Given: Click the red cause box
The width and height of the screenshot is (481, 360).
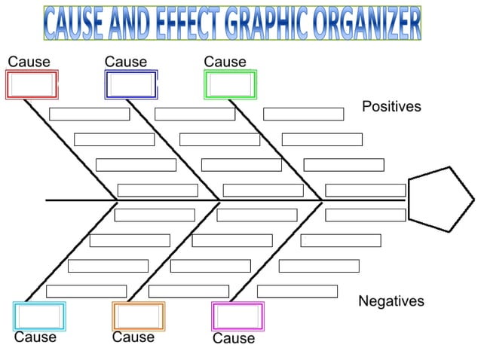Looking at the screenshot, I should (32, 84).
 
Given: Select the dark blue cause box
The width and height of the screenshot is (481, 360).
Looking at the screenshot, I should (131, 84).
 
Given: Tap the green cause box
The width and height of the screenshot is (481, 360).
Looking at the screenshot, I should (230, 84).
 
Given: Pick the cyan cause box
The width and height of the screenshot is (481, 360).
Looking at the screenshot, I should (39, 316).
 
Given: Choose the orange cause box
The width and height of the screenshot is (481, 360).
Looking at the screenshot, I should (138, 316).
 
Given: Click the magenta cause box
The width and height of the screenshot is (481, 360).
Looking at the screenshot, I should (237, 316).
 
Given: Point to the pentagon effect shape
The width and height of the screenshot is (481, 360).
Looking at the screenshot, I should (439, 199).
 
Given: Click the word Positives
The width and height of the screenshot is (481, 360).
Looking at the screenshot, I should (391, 107).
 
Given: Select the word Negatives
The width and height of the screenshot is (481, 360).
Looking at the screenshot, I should (391, 301).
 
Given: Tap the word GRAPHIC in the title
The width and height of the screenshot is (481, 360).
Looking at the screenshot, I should (265, 23).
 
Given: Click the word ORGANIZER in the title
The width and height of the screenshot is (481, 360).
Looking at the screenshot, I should (366, 23).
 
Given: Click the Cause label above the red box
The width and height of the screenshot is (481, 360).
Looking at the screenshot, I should (29, 62).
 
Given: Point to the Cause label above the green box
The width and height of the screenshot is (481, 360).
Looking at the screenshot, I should (225, 62).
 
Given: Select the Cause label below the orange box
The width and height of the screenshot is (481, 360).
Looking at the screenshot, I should (133, 337).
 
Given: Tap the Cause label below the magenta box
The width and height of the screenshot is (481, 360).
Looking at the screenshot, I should (234, 339).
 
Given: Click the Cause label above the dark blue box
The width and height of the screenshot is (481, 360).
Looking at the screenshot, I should (125, 62).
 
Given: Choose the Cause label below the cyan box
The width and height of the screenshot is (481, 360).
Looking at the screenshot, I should (35, 337).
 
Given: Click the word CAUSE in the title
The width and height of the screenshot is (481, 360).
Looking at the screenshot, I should (73, 23).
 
